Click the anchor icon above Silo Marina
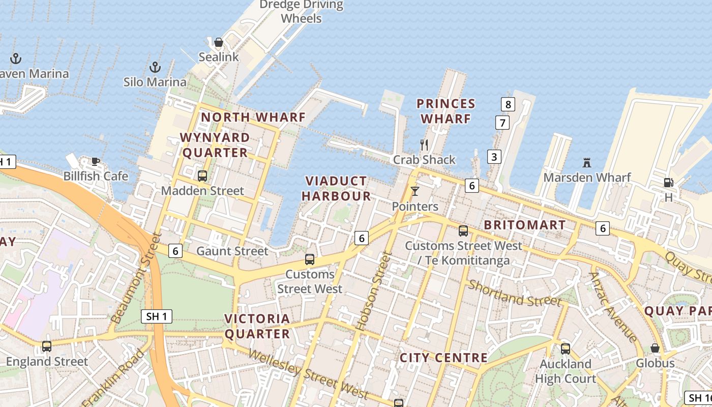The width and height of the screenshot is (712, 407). coord(155,67)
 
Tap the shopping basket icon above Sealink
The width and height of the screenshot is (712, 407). coord(219,42)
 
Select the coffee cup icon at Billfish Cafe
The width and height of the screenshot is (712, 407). coord(95,162)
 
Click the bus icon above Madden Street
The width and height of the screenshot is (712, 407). coord(202,176)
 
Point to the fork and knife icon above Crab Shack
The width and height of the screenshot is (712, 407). coord(424,145)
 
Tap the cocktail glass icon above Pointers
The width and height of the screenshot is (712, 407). coord(415,191)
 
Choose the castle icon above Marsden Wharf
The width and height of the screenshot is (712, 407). coord(587,163)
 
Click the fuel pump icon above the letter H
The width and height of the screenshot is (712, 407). coord(668,182)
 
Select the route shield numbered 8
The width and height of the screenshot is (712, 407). coord(508,105)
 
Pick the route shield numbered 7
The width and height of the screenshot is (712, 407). coord(502,123)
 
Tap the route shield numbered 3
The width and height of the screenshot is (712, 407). coord(494,156)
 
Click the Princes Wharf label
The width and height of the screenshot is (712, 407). coord(446,111)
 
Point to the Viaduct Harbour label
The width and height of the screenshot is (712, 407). coord(336,188)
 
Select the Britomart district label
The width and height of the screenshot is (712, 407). coord(524,225)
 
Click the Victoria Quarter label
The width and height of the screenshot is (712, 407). coord(257,326)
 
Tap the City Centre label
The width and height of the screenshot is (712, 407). coord(444,358)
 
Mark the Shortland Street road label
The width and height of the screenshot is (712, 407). coord(515,293)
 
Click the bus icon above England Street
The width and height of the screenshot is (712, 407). coord(47,346)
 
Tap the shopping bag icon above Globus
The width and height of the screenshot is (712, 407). coord(655,348)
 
